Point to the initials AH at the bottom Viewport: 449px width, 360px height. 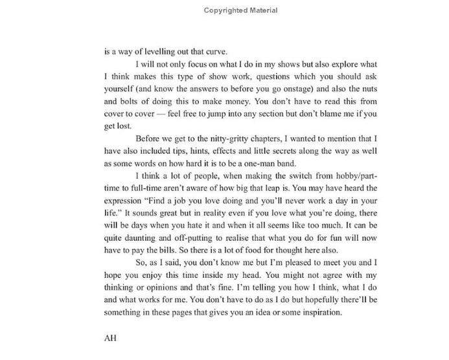(x=109, y=337)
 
